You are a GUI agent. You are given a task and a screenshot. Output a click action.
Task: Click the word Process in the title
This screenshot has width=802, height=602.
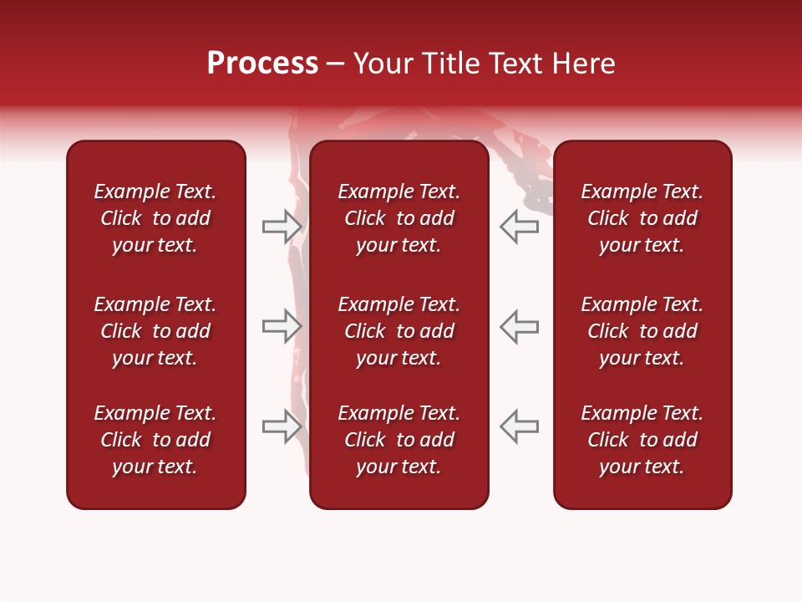262,64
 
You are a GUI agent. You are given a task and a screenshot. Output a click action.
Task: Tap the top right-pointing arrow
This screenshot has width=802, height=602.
282,227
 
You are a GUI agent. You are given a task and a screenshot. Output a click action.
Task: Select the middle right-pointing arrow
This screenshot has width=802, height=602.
282,326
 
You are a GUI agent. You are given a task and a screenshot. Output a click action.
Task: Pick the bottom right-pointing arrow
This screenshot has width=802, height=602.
282,426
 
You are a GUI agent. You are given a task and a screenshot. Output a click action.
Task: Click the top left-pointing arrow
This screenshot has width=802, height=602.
519,227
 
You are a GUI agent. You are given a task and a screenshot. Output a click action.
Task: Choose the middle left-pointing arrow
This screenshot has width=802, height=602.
519,326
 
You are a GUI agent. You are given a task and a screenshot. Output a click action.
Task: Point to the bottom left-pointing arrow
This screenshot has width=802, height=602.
519,426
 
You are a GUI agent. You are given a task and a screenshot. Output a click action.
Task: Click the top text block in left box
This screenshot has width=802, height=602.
155,218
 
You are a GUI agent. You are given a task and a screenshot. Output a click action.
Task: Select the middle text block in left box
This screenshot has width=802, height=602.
155,331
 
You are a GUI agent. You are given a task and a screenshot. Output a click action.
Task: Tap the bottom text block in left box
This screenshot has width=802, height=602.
155,440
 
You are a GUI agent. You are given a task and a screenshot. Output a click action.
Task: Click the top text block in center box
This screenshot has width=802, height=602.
398,218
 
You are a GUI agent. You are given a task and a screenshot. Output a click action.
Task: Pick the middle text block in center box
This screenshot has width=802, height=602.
398,331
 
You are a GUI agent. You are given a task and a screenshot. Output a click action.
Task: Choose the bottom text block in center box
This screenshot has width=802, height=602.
398,440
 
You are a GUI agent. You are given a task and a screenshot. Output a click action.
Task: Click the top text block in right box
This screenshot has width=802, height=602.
642,218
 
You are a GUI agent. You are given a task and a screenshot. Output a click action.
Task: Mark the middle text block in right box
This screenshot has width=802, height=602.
642,331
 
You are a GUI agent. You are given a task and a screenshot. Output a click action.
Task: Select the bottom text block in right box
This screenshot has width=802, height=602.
642,440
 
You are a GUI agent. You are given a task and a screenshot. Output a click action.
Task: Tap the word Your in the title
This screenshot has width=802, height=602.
381,64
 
